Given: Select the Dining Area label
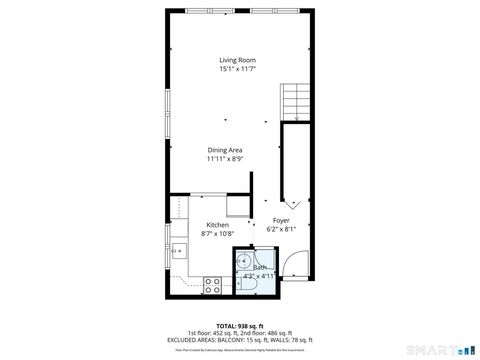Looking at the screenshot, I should point(225,150).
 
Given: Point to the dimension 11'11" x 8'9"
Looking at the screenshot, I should point(225,159).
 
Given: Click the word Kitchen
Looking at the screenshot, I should point(217,225).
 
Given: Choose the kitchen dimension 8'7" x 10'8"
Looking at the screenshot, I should point(217,234).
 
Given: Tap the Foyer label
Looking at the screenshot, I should point(281,219).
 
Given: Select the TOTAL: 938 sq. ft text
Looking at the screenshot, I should point(240,326).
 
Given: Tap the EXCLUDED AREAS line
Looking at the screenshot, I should point(240,340).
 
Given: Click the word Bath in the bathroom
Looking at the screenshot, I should point(260,268).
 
